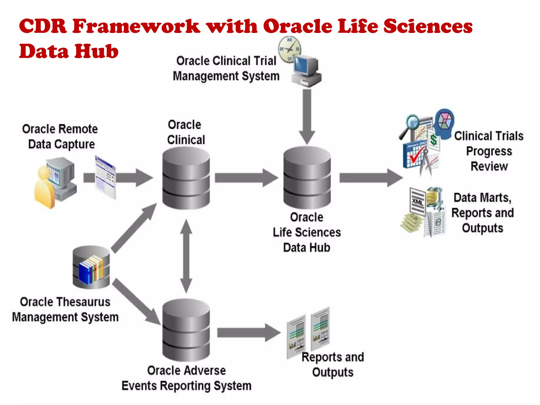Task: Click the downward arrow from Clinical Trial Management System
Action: [307, 116]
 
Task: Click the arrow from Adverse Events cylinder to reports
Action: [248, 333]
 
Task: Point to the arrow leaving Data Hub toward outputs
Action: [370, 178]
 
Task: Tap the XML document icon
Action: [417, 202]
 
